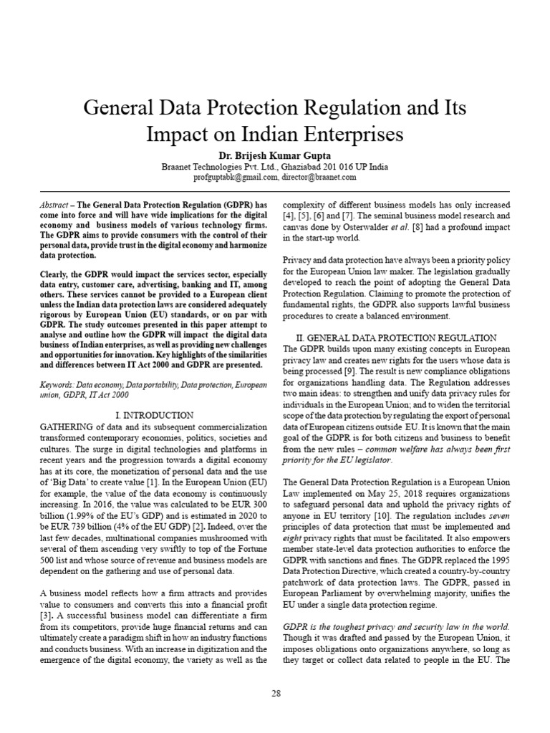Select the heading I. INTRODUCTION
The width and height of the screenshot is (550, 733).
[x=154, y=415]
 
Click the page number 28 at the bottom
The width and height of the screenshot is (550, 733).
[x=275, y=693]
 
